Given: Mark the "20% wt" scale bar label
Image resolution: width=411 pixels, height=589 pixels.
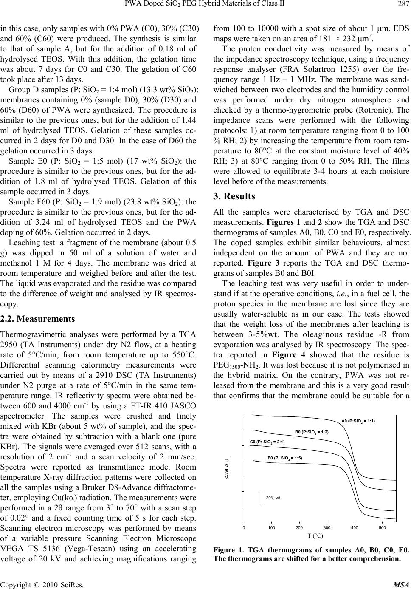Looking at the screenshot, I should (x=273, y=497).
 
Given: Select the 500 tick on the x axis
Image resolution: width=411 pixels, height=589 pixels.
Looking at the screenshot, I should (x=382, y=527).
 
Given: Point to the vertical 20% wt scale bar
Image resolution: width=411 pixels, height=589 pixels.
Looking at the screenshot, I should (x=261, y=498).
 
